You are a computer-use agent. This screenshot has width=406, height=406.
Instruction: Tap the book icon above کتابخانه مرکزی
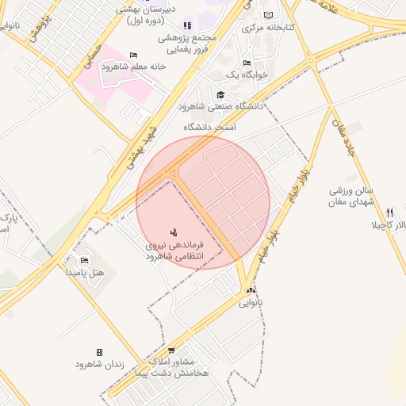click(x=267, y=15)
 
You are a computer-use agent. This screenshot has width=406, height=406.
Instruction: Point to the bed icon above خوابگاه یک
click(x=247, y=63)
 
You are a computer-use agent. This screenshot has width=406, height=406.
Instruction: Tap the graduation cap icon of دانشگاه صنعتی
click(x=220, y=94)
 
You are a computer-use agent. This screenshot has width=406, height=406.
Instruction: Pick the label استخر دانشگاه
click(x=210, y=127)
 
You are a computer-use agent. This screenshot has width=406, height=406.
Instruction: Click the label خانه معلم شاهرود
click(x=132, y=67)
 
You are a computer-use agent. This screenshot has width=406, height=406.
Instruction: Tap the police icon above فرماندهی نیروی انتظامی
click(x=174, y=232)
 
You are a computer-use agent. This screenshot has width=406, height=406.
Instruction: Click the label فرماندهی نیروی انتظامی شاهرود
click(x=174, y=251)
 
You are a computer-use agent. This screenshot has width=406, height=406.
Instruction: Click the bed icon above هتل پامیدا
click(x=85, y=260)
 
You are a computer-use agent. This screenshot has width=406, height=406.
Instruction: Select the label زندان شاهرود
click(x=99, y=364)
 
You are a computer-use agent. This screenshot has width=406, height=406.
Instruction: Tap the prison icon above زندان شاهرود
click(x=99, y=352)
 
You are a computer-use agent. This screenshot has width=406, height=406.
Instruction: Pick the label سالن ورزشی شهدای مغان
click(x=352, y=197)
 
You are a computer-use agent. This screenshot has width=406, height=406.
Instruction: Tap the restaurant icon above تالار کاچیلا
click(x=389, y=213)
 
